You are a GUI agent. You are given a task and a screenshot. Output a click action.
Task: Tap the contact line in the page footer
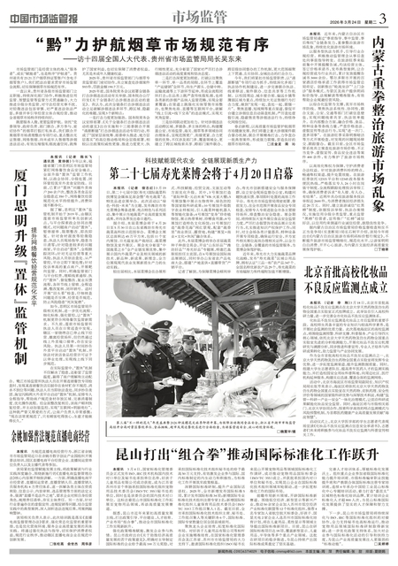pos(199,560)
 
